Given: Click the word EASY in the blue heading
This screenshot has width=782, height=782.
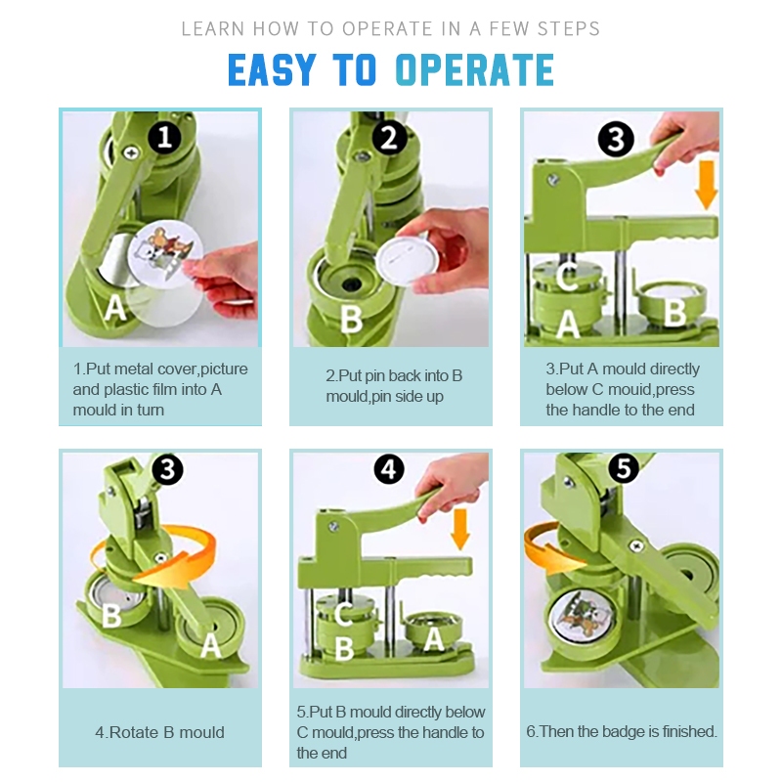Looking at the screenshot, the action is point(272,68).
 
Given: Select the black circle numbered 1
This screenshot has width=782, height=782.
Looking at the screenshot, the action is point(165,137).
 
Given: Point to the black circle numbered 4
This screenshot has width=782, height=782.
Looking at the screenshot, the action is point(389,469).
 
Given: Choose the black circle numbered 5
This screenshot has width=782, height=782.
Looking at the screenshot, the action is point(624,468).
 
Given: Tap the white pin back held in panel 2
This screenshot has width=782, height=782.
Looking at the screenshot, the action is point(407,258).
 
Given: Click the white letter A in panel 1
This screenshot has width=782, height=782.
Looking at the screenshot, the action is point(114,307).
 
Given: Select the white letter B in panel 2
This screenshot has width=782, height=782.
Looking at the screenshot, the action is point(352,319).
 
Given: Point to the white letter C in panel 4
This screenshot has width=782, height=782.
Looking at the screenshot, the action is point(344,614).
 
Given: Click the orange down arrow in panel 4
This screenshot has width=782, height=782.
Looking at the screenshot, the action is point(459,529).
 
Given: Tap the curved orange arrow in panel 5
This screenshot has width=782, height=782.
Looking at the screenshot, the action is point(551,552).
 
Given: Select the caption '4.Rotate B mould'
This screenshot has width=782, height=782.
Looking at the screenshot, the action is point(159,732).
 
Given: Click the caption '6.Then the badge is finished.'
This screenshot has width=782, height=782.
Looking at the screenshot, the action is point(622,731).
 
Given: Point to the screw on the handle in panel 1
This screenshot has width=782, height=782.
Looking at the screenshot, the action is point(131,152).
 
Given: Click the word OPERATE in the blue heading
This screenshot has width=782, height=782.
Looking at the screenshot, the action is point(474,68).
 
